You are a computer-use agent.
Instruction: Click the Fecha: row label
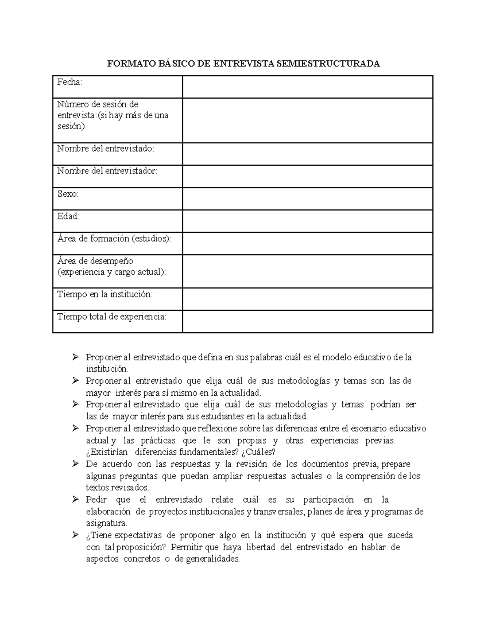tap(70, 82)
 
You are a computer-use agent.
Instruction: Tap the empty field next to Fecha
tap(307, 87)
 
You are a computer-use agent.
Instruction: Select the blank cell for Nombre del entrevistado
tap(307, 154)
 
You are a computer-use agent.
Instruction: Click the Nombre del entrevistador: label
tap(107, 171)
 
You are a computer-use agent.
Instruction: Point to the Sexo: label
tap(68, 194)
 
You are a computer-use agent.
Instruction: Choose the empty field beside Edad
tap(307, 221)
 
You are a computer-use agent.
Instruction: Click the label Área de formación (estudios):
tap(114, 239)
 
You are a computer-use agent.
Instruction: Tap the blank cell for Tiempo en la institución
tap(307, 299)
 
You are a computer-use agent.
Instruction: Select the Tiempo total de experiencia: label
tap(112, 317)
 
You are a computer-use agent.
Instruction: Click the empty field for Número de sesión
tap(307, 120)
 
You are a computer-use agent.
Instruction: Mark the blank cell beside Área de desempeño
tap(307, 271)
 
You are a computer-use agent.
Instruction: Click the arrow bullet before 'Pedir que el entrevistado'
tap(75, 499)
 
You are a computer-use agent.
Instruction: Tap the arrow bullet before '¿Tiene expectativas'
tap(75, 535)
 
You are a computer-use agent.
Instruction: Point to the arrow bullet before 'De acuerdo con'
tap(75, 464)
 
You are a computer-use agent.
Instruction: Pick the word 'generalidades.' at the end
tap(213, 559)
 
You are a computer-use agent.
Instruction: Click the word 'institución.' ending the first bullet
tap(107, 369)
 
